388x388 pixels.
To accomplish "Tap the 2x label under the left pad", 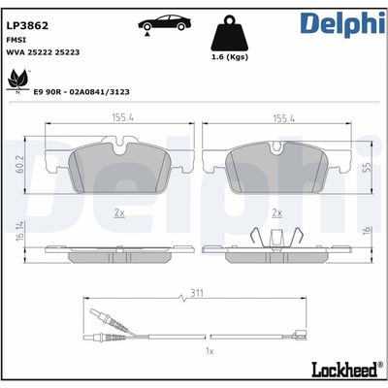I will coord(119,211).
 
